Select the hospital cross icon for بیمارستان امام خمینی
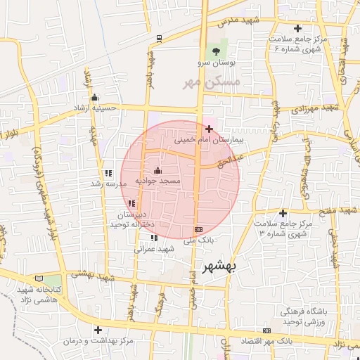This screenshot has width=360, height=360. coord(209,129)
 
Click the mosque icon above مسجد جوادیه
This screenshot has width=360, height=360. coord(157,170)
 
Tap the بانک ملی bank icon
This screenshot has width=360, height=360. coord(199,229)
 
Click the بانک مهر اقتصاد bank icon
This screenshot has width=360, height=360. coord(266,330)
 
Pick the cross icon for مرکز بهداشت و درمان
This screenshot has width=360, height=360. coord(98,329)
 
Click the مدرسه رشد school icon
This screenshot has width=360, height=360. coord(108,173)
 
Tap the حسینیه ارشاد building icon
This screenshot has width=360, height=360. coord(94,98)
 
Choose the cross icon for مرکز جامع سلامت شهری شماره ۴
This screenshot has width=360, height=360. coord(298,28)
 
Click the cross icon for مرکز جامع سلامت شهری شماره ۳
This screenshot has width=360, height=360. coord(283,213)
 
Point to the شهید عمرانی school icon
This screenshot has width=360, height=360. coord(154,238)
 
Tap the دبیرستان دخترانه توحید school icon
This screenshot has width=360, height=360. coord(131,203)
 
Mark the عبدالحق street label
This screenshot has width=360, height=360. coord(250,159)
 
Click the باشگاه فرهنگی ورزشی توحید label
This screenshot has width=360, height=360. coord(304,316)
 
